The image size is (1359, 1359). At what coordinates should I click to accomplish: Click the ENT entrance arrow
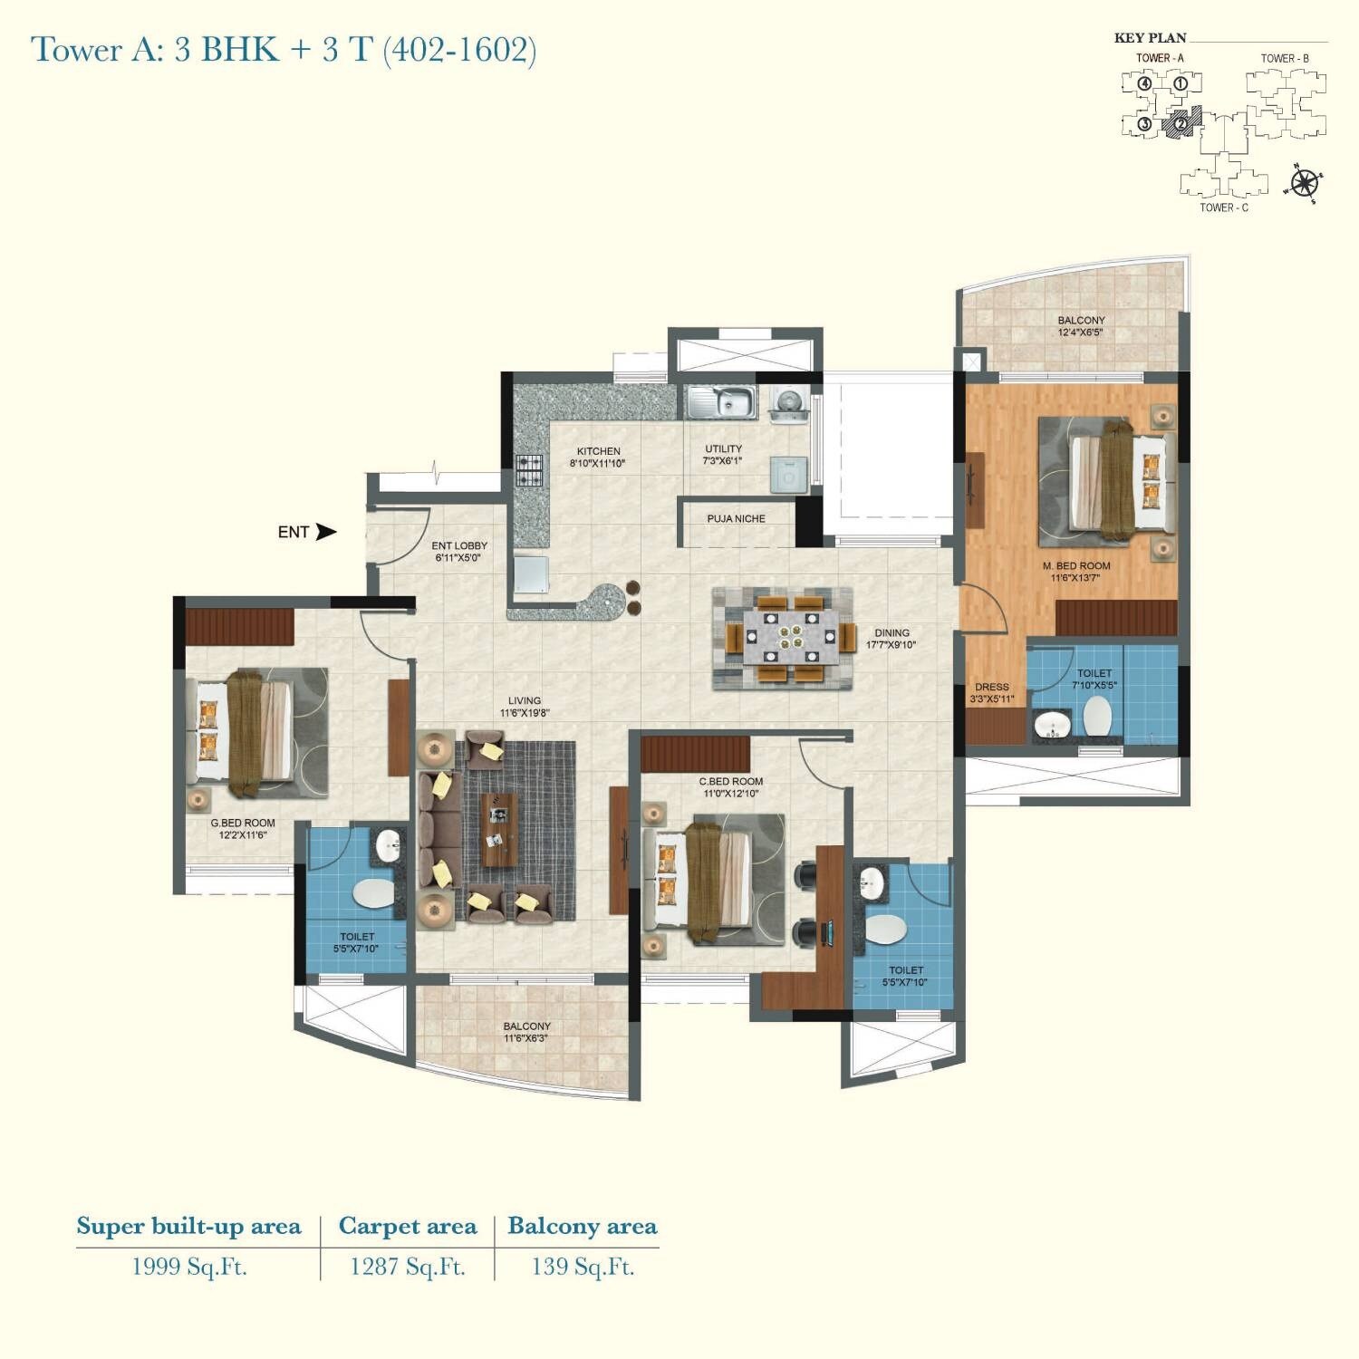click(x=325, y=532)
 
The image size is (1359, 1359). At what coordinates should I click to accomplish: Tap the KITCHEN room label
click(x=598, y=451)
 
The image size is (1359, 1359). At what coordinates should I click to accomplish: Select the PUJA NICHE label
click(x=736, y=519)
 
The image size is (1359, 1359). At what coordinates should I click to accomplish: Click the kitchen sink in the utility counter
click(x=720, y=401)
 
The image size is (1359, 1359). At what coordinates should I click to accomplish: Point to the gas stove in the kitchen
click(x=529, y=470)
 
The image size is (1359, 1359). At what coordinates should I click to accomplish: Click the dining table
click(x=784, y=638)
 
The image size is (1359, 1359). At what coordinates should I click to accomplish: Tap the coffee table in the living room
click(x=496, y=828)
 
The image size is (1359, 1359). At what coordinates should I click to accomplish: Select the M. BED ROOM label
click(x=1075, y=565)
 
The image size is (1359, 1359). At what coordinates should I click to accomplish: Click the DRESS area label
click(x=991, y=687)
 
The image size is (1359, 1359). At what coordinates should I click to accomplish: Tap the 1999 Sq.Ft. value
click(x=189, y=1267)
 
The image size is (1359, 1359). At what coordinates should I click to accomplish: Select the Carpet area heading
click(x=407, y=1227)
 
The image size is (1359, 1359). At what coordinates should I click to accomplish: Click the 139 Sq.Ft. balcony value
click(x=583, y=1267)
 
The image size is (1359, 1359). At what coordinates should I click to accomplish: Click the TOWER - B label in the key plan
click(x=1284, y=58)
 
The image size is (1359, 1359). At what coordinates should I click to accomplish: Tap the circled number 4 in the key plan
click(x=1145, y=84)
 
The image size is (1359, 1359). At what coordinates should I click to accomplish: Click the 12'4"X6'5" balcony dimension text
click(x=1080, y=333)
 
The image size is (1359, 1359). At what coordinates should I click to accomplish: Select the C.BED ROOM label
click(x=730, y=781)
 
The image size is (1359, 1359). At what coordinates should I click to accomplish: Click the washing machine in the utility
click(x=788, y=474)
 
